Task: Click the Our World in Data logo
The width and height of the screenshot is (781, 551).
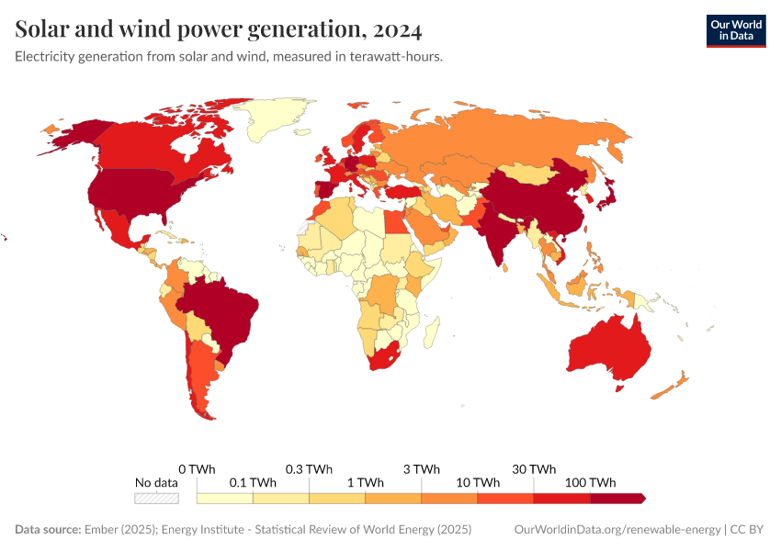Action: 735,29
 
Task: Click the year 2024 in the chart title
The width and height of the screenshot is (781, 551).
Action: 398,30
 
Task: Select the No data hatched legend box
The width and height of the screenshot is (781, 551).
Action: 156,498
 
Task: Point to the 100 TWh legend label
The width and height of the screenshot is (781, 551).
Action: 590,482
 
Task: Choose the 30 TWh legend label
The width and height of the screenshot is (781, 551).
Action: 534,468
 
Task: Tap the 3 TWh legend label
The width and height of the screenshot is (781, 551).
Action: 422,468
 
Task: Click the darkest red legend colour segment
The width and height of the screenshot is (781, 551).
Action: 617,498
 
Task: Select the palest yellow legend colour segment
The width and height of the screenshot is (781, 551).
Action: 225,498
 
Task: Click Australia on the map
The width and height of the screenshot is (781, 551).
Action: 611,349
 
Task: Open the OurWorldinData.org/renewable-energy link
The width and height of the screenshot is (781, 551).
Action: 617,530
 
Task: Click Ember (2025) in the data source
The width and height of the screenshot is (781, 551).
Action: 119,530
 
